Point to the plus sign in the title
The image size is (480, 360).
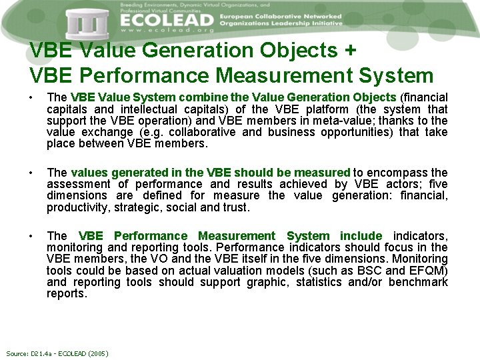pos(351,51)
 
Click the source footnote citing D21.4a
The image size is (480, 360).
pos(57,353)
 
